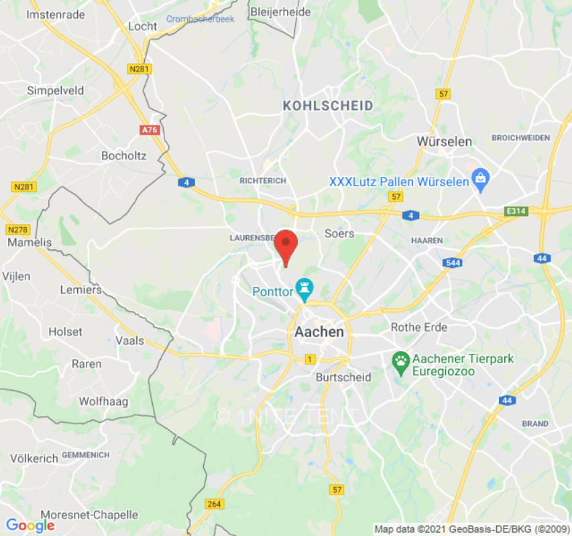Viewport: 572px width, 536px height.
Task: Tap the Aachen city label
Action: click(x=319, y=332)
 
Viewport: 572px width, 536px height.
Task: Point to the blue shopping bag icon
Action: click(x=480, y=179)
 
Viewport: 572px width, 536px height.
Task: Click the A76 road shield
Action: click(x=150, y=130)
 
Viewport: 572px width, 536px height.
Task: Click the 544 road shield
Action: click(x=453, y=263)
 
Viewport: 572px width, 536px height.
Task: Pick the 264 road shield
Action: click(x=214, y=504)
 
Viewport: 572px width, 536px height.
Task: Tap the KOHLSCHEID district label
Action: click(x=328, y=106)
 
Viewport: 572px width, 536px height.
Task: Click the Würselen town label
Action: click(x=444, y=141)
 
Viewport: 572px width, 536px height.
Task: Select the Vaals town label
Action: click(x=130, y=340)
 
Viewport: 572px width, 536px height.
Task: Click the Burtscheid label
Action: click(x=343, y=377)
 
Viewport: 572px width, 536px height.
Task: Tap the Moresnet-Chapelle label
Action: click(x=89, y=515)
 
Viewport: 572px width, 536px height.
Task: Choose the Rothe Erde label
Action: click(x=419, y=327)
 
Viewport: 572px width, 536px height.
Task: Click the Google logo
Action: click(x=30, y=526)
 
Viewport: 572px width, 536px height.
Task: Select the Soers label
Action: click(x=339, y=234)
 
